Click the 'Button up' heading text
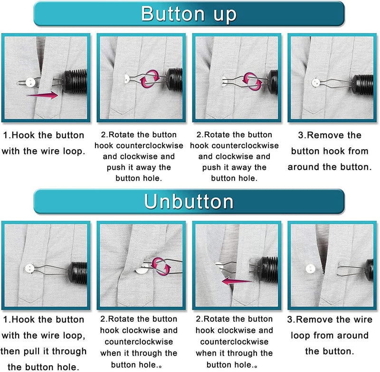(189, 14)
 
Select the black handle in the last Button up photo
(366, 80)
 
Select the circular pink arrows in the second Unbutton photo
(161, 264)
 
